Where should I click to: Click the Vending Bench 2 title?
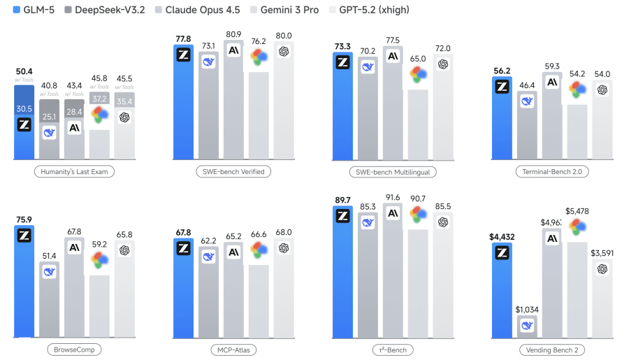(x=551, y=349)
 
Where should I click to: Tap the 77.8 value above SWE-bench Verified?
(x=183, y=38)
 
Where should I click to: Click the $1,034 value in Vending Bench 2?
(x=527, y=308)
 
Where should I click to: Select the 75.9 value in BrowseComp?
(x=24, y=219)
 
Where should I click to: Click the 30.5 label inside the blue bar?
(x=24, y=108)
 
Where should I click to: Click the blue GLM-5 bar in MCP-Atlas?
(x=183, y=294)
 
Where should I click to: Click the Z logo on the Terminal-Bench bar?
(x=502, y=87)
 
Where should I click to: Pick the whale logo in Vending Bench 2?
(x=527, y=325)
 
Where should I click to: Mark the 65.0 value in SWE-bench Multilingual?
(x=418, y=59)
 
